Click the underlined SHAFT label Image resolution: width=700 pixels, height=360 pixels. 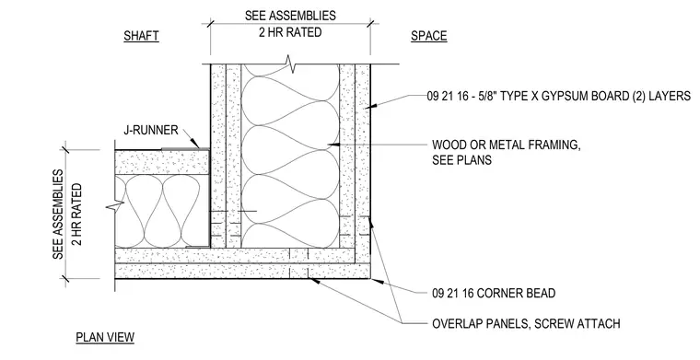click(141, 36)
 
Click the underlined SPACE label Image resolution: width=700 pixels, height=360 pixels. click(428, 36)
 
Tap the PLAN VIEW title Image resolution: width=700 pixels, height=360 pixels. click(105, 337)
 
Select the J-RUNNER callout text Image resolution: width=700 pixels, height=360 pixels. click(151, 130)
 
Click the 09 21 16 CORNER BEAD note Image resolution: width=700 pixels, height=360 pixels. click(494, 293)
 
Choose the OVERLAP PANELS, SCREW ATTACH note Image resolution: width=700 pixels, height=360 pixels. click(526, 323)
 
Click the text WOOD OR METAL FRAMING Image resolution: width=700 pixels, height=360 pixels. click(507, 145)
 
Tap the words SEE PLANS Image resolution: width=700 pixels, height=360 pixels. click(461, 159)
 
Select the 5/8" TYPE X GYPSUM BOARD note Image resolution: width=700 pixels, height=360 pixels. click(558, 96)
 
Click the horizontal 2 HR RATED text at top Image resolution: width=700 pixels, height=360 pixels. click(290, 32)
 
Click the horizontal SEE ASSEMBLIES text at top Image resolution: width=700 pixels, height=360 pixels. click(290, 15)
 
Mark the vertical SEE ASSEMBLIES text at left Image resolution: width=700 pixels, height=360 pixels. click(58, 215)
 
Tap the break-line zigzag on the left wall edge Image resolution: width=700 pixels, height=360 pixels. click(115, 206)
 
